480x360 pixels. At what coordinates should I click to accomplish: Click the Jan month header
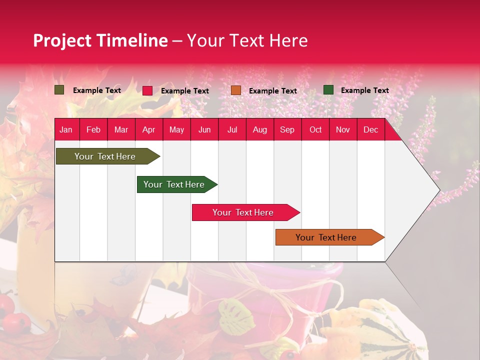coord(66,130)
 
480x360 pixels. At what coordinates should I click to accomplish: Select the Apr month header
coord(148,130)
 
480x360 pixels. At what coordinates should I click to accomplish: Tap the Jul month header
coord(232,130)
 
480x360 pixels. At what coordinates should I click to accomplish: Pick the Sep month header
coord(287,130)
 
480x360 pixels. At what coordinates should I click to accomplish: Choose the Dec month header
coord(370,130)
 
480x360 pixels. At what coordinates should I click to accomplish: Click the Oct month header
coord(315,130)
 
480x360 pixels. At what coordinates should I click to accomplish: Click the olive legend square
coord(59,90)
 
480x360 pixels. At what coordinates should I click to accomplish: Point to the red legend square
coord(147,90)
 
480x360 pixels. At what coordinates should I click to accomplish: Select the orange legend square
coord(236,90)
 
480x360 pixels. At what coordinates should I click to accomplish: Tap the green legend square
coord(328,90)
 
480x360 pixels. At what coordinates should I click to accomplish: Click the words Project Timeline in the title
coord(100,40)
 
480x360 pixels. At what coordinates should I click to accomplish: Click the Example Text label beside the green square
coord(364,90)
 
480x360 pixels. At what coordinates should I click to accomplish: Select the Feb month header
coord(93,130)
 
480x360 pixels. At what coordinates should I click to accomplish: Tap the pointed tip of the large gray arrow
coord(438,190)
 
